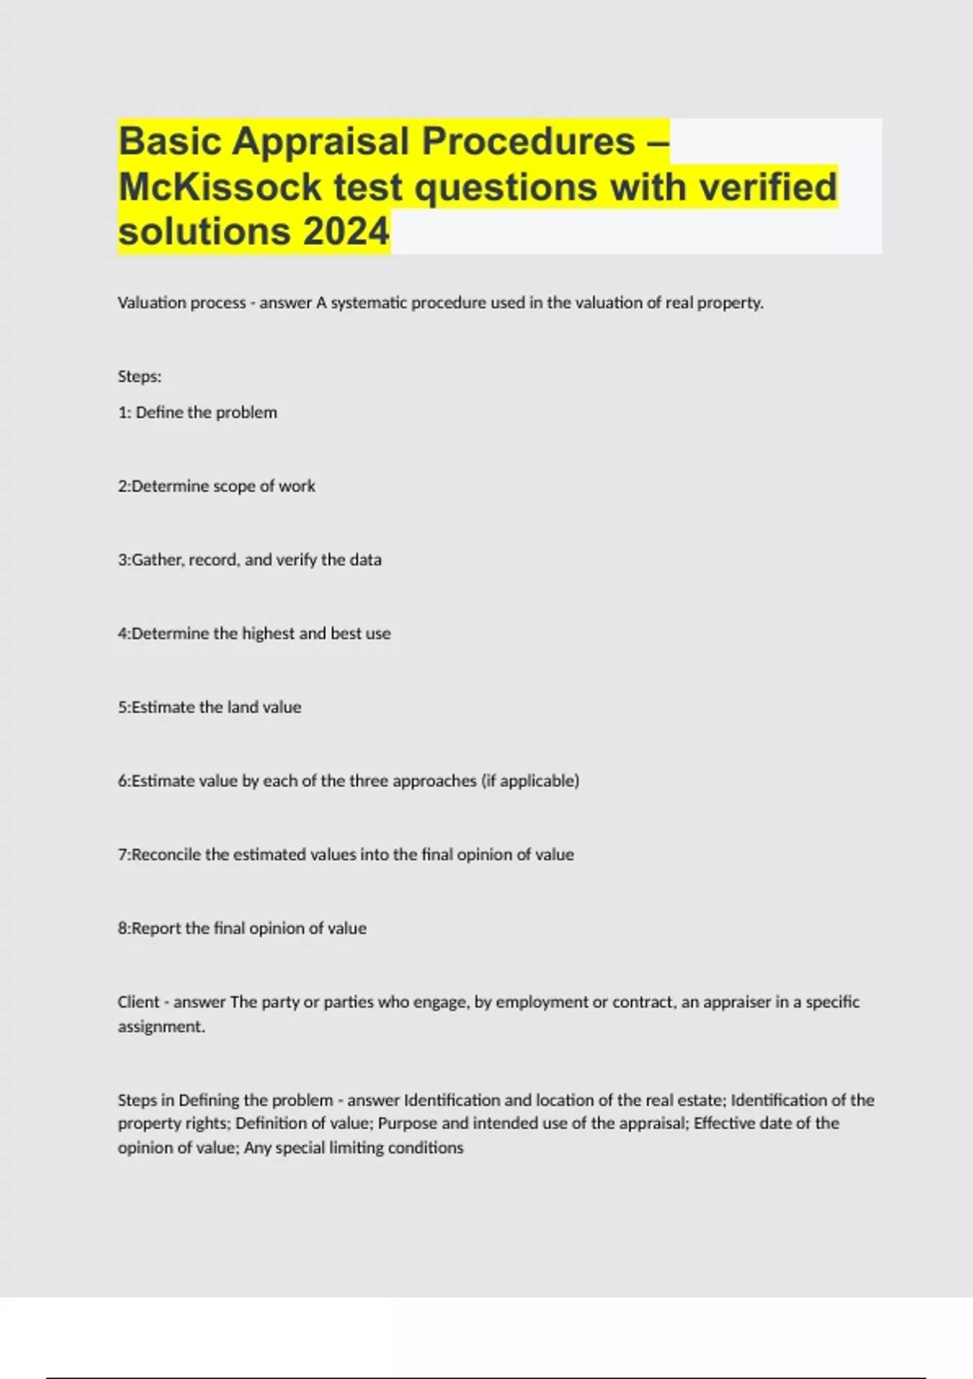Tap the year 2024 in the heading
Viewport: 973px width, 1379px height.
(x=346, y=232)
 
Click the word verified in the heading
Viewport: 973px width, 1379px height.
(x=767, y=187)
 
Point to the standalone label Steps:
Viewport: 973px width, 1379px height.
(x=139, y=376)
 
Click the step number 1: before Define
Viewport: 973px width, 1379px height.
(x=125, y=412)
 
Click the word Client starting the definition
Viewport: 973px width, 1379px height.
(x=139, y=1002)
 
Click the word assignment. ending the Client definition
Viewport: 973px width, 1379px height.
(x=161, y=1026)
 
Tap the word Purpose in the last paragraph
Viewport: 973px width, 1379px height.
(x=407, y=1123)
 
